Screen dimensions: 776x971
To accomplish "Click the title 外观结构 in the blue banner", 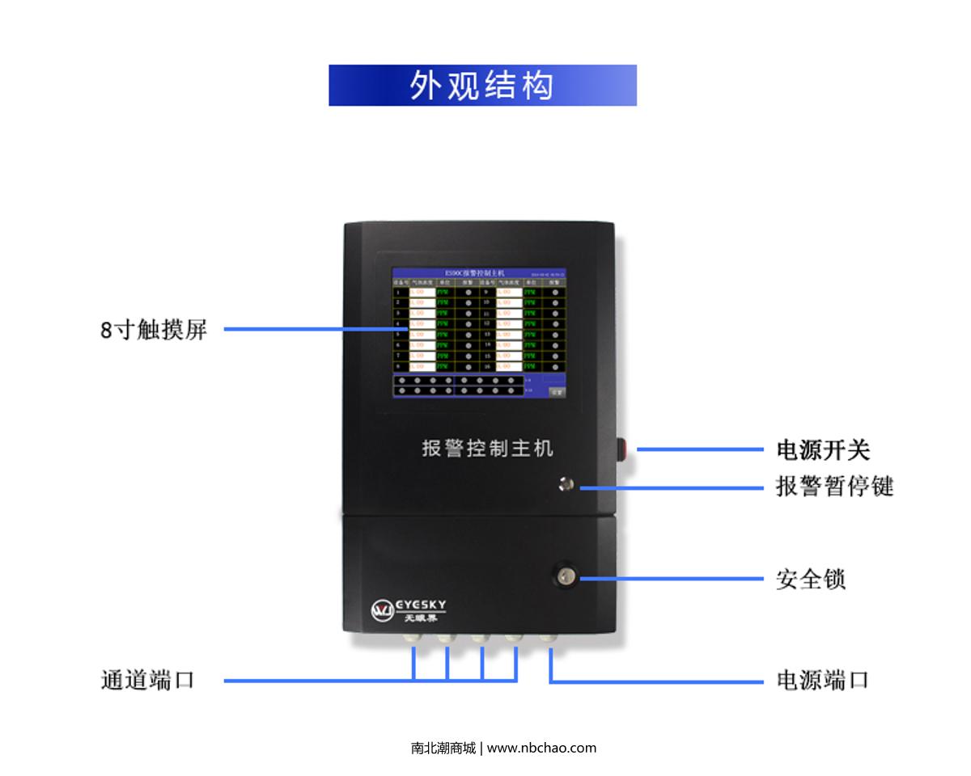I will (482, 86).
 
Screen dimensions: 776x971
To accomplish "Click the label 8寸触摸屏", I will (154, 330).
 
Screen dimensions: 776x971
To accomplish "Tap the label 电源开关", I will (823, 450).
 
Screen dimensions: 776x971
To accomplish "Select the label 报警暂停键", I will (834, 487).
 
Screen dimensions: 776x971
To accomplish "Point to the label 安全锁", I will (811, 580).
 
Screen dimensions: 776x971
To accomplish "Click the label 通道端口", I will (147, 680).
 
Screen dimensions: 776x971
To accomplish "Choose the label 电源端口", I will (822, 680).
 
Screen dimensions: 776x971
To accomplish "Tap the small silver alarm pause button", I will (566, 484).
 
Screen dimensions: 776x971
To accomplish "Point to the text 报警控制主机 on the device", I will (488, 448).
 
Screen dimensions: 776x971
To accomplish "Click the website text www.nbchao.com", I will (541, 748).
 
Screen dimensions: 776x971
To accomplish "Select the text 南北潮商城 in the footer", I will (443, 748).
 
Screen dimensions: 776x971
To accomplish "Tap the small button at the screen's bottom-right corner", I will (557, 391).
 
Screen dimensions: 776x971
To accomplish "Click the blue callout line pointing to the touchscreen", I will (307, 330).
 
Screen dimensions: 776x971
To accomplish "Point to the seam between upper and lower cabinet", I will (479, 512).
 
